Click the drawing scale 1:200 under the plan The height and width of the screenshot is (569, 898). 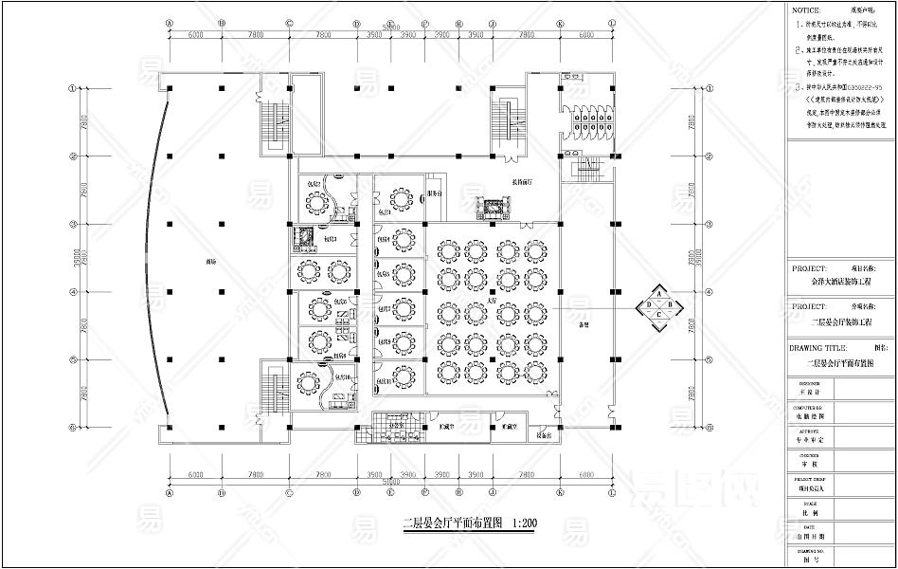pos(523,523)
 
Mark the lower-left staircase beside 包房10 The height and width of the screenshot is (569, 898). pos(278,392)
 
